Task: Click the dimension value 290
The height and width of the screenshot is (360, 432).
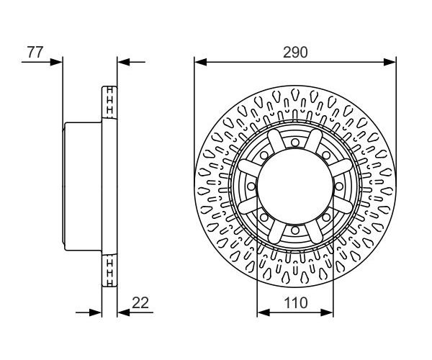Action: coord(295,53)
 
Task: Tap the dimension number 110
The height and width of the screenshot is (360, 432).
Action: coord(296,302)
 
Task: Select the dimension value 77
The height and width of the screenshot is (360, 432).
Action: coord(35,53)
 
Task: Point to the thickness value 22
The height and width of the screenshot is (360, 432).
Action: coord(140,302)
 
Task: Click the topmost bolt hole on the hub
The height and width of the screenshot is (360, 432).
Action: coord(295,143)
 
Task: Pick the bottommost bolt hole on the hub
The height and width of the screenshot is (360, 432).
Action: coord(295,230)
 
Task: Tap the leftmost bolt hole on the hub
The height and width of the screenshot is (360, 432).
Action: coord(251,186)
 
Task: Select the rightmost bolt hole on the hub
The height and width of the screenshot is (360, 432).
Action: coord(339,186)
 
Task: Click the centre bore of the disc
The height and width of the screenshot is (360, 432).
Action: coord(295,186)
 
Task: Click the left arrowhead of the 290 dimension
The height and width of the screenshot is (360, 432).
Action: coord(200,62)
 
